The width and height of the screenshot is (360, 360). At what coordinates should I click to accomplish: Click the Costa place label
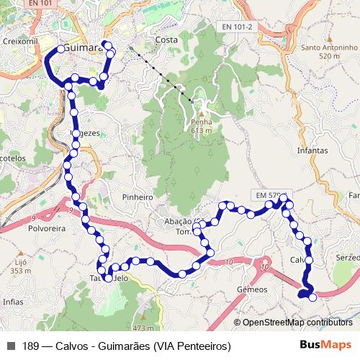point(166,40)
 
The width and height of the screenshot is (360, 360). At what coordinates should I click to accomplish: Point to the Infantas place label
point(312,151)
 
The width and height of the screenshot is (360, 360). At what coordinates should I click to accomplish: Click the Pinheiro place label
point(138,197)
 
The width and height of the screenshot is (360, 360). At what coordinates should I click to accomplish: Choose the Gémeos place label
point(252,289)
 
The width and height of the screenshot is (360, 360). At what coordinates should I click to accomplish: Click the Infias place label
point(13,302)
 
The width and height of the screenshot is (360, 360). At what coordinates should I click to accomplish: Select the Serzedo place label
point(347,257)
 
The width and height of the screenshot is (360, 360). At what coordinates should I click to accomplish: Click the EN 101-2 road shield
point(238,27)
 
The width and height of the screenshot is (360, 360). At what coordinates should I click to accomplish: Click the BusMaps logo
point(326,346)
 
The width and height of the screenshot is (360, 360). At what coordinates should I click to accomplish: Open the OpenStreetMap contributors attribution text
point(297,323)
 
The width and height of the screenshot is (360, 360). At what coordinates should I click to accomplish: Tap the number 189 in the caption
point(30,346)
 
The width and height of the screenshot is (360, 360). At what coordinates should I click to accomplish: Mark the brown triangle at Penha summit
point(202,113)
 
